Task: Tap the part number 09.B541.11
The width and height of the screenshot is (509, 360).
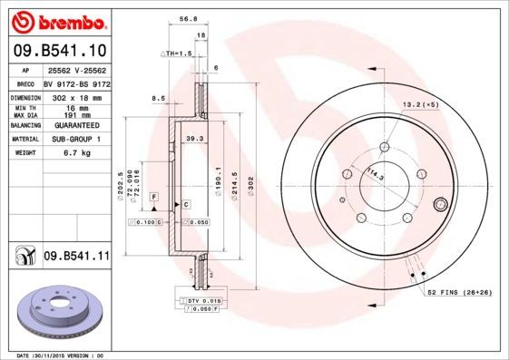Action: (x=75, y=257)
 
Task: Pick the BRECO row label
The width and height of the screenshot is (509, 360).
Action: (x=27, y=82)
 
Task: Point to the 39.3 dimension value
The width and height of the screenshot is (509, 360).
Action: (x=192, y=139)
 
